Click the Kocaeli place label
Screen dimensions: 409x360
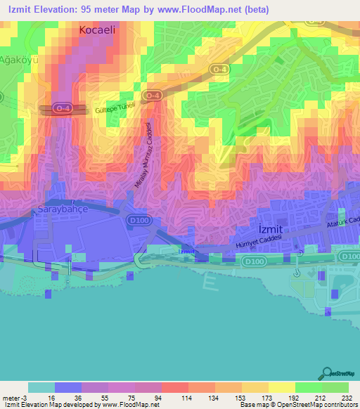[x=103, y=31]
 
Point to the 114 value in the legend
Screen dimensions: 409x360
[x=174, y=398]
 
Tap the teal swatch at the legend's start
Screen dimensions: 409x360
[x=41, y=387]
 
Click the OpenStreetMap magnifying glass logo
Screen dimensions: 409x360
[x=328, y=373]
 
